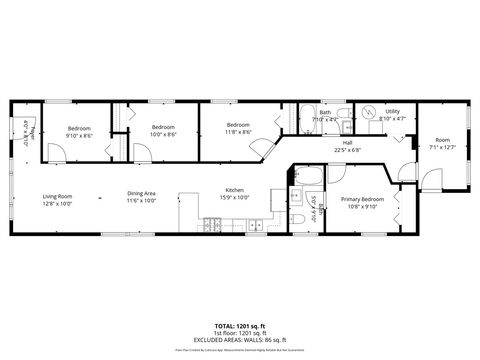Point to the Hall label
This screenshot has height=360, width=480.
347,143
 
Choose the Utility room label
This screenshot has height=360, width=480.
392,112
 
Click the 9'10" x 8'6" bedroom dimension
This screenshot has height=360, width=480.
80,134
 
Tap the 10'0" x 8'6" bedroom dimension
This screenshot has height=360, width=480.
164,134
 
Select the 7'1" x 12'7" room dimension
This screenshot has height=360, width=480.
441,147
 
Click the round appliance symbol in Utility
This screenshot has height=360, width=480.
368,112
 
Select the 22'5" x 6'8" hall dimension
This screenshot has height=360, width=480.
347,150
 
